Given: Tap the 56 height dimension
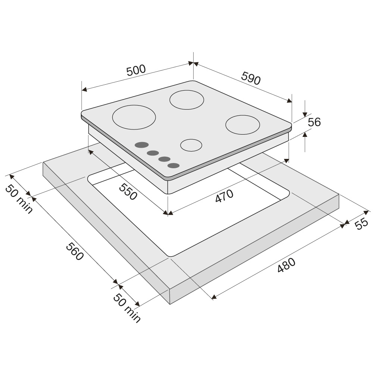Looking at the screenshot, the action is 314,122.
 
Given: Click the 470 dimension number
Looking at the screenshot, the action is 224,196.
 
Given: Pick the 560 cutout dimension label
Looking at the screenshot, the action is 75,251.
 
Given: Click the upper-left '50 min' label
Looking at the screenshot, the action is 19,199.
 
